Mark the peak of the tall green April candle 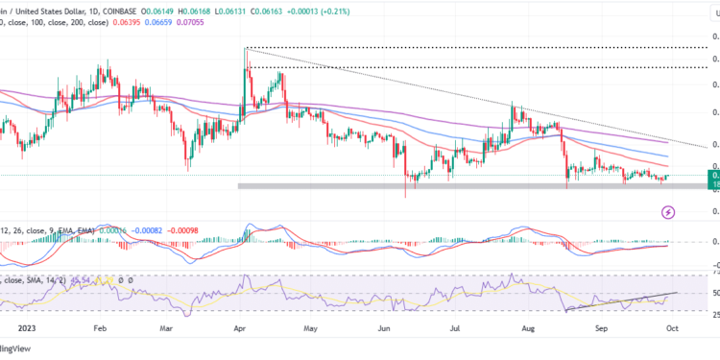[246, 48]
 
